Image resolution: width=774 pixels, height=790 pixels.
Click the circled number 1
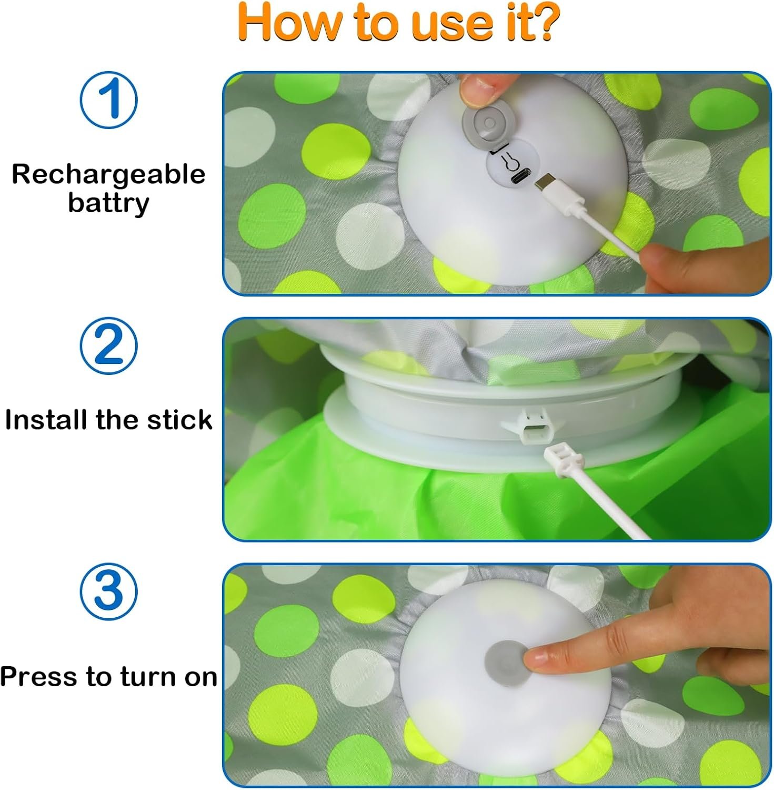point(108,100)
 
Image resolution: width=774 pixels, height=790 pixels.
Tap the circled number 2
point(108,345)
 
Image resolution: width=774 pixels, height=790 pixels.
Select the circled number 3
point(108,591)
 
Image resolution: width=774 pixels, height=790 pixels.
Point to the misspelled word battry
point(108,203)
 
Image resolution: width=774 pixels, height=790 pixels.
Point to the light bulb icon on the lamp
point(508,161)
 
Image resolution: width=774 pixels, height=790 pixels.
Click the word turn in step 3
point(149,677)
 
